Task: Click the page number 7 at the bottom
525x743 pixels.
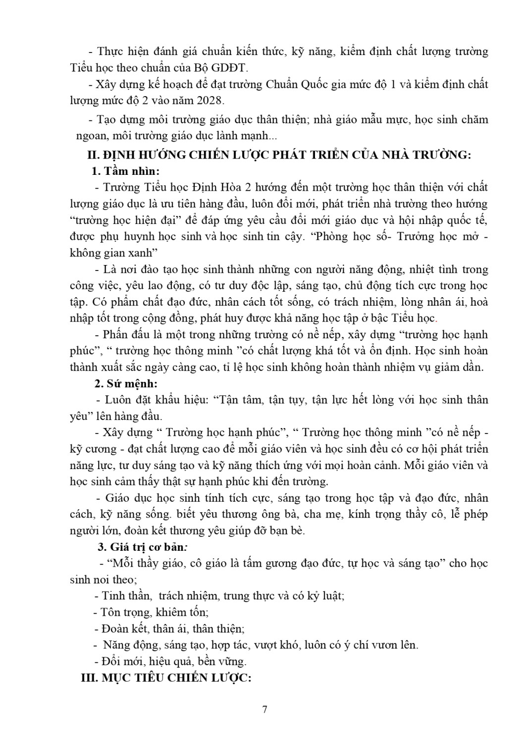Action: tap(264, 709)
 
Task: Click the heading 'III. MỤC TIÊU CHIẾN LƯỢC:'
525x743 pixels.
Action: tap(166, 678)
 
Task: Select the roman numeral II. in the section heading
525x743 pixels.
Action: tap(94, 155)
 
